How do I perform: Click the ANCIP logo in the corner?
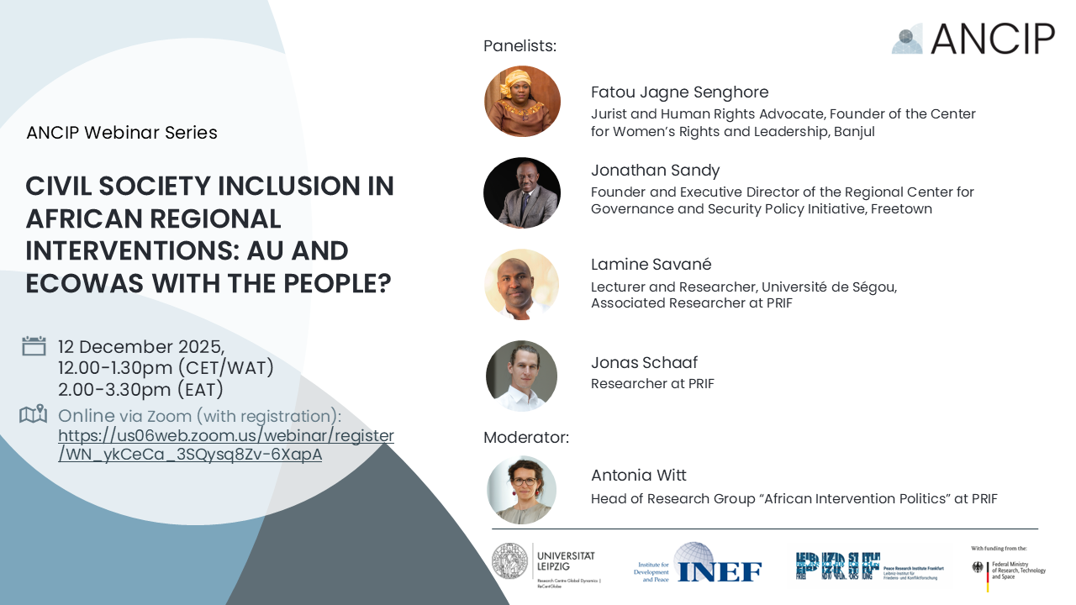973,39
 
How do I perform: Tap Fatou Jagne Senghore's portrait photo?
522,102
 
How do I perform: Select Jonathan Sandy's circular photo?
522,193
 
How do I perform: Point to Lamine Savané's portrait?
522,285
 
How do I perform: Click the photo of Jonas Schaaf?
522,376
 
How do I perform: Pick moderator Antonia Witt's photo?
522,490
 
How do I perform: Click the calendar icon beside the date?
34,345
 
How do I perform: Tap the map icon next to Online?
33,414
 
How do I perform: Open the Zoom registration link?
225,445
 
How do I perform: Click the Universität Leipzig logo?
544,565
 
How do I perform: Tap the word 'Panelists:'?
520,46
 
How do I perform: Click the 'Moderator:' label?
525,438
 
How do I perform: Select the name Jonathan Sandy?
655,171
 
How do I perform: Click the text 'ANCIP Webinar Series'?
122,133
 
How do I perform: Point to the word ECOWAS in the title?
83,283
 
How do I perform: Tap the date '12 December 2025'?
140,347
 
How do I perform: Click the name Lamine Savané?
651,265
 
